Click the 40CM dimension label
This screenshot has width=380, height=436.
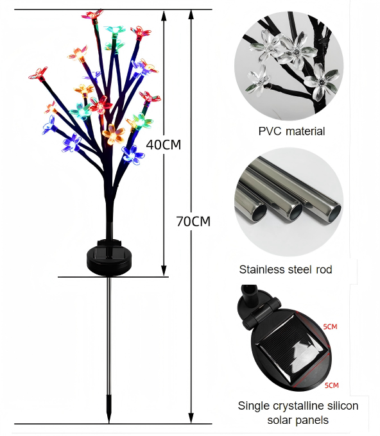pyautogui.click(x=164, y=145)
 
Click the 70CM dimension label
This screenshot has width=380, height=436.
pyautogui.click(x=193, y=222)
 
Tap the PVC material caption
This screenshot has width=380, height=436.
pyautogui.click(x=291, y=131)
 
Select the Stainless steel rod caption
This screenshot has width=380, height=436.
pyautogui.click(x=286, y=269)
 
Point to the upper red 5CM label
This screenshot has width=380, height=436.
pyautogui.click(x=330, y=326)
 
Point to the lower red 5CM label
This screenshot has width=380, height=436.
pyautogui.click(x=332, y=385)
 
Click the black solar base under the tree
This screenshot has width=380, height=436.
pyautogui.click(x=109, y=258)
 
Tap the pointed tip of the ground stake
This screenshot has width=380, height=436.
pyautogui.click(x=109, y=422)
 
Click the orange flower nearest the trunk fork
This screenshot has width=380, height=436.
pyautogui.click(x=114, y=134)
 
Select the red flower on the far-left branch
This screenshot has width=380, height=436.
pyautogui.click(x=39, y=74)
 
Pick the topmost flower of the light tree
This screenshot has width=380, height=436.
pyautogui.click(x=93, y=15)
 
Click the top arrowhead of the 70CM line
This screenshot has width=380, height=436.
pyautogui.click(x=191, y=15)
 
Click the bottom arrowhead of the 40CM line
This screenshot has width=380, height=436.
pyautogui.click(x=164, y=271)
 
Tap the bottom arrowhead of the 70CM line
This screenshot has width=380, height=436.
pyautogui.click(x=191, y=418)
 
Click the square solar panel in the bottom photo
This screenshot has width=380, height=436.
pyautogui.click(x=294, y=349)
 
